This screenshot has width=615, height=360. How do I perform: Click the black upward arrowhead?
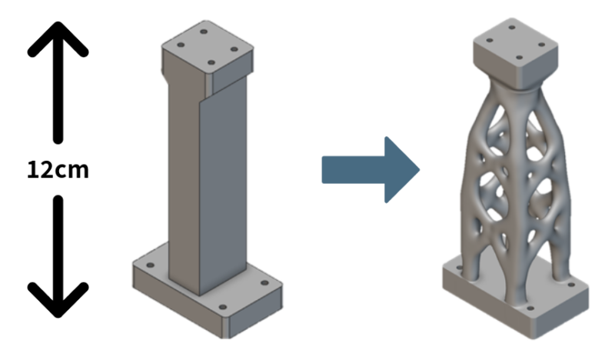[x=57, y=38]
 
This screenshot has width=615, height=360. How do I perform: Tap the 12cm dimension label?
[x=58, y=169]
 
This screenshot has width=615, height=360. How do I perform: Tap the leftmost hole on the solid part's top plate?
[x=180, y=45]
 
